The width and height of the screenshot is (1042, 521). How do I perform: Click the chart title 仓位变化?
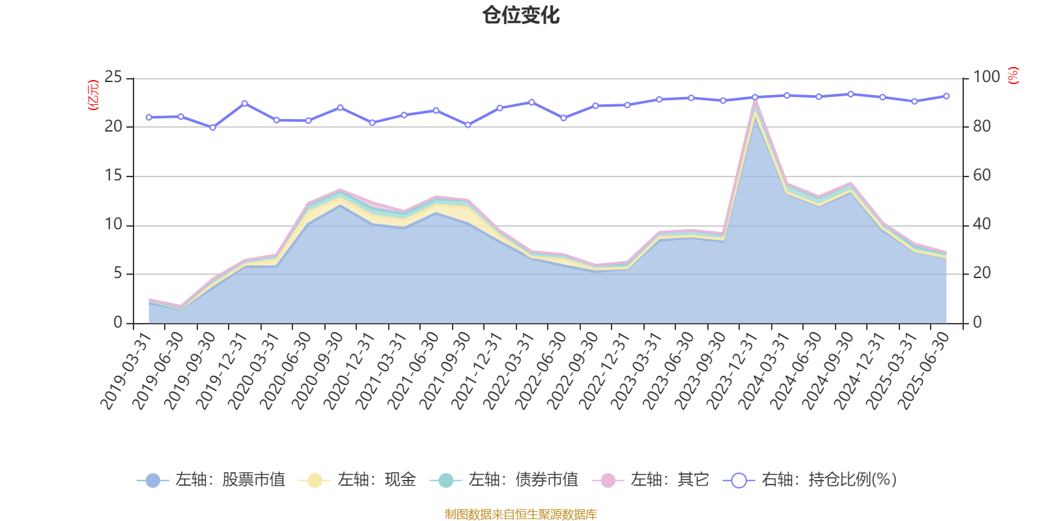[x=521, y=15]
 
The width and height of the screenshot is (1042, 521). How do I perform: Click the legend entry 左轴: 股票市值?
[x=211, y=481]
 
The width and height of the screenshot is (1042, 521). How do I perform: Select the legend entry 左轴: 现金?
[x=358, y=481]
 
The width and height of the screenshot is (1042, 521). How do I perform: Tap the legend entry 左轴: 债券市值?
[x=504, y=481]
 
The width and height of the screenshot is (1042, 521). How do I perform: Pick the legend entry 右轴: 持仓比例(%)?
[x=810, y=481]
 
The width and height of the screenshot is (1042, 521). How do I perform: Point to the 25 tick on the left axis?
[x=113, y=77]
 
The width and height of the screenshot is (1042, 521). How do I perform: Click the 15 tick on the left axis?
[x=113, y=176]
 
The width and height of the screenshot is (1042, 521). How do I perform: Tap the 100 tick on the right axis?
[x=986, y=77]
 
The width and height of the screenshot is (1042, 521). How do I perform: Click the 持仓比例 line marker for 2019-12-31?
[x=244, y=103]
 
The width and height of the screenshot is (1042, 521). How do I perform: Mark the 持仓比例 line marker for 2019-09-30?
[x=212, y=128]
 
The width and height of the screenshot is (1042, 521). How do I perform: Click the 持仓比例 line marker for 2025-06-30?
[x=946, y=96]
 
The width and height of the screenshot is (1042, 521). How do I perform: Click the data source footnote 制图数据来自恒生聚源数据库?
[x=521, y=514]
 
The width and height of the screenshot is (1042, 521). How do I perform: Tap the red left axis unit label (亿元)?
[x=93, y=95]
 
